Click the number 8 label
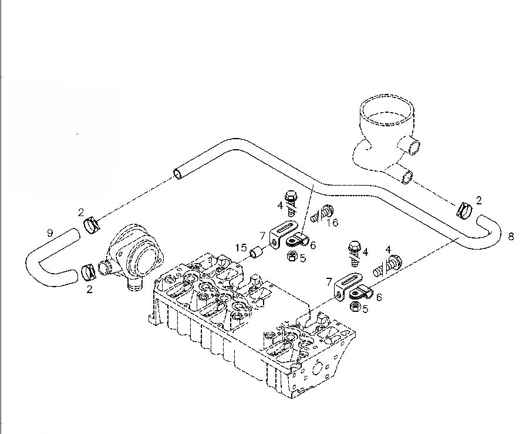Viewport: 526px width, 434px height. click(511, 237)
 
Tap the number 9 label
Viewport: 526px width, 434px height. click(50, 233)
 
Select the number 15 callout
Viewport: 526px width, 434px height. click(241, 247)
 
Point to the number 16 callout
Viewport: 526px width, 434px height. click(332, 223)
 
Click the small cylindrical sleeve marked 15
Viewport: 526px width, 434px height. click(256, 253)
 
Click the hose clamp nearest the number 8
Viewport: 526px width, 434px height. click(464, 208)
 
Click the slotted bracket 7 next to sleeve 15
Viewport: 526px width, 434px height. click(279, 234)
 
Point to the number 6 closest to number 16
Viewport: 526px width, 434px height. click(312, 245)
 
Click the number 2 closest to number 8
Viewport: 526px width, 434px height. click(478, 200)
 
